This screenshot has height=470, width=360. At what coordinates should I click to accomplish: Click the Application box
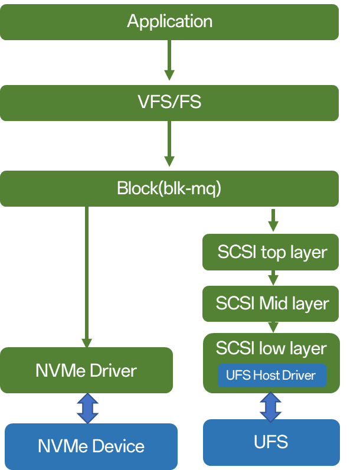169,22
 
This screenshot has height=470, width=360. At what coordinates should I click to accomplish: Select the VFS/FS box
169,103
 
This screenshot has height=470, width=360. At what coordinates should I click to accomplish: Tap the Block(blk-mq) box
169,188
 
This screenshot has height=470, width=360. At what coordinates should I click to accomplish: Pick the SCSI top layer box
270,252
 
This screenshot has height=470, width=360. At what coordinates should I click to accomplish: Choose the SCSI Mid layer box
270,303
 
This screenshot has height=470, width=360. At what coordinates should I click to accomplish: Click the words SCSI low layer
271,348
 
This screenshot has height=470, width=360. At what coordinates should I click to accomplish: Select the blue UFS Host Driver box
271,376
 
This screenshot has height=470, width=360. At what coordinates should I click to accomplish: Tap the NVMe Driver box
86,370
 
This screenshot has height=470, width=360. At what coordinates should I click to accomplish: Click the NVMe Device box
91,446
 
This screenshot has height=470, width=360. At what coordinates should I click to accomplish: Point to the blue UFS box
271,442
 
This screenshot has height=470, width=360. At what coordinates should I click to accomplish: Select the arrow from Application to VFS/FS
169,60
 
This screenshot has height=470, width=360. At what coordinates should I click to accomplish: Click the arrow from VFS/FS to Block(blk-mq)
169,143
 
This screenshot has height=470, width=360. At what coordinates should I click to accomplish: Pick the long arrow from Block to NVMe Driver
87,277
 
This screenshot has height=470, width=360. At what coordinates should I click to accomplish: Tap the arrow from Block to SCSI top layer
273,220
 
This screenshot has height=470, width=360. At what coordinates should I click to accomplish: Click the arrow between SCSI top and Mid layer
273,278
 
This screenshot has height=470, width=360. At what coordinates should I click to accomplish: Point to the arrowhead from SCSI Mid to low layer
273,327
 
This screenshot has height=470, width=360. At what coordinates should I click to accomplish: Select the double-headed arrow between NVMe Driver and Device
87,408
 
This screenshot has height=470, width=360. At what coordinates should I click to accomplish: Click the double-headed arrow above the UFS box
270,407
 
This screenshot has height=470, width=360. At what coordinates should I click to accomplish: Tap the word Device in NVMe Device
118,446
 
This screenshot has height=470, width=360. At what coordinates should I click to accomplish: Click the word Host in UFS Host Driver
267,376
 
